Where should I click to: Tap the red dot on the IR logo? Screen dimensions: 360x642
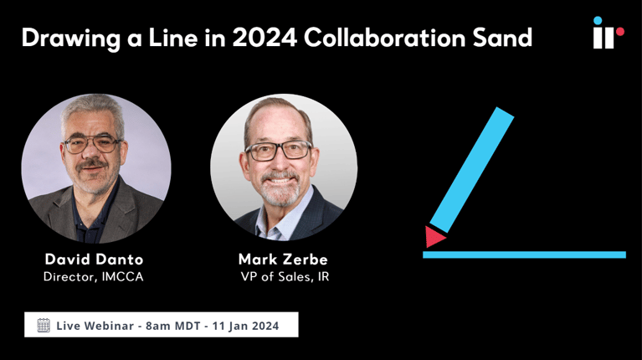[x=619, y=32]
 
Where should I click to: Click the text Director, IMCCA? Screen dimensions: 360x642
[x=94, y=276]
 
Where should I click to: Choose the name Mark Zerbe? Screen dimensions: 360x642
[x=283, y=259]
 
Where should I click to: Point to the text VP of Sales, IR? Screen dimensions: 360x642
[x=283, y=276]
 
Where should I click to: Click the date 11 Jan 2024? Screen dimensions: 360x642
[x=249, y=325]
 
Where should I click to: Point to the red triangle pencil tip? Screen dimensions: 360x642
[x=434, y=238]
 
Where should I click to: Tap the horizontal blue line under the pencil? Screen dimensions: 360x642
[x=524, y=255]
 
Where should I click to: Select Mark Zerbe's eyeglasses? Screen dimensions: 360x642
[x=279, y=152]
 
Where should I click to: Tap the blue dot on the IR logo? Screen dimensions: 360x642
[x=598, y=20]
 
